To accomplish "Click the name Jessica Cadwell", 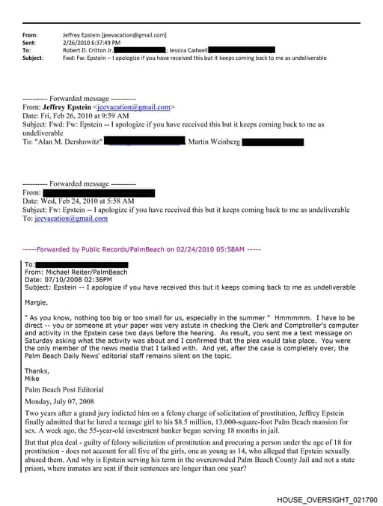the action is [194, 49].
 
